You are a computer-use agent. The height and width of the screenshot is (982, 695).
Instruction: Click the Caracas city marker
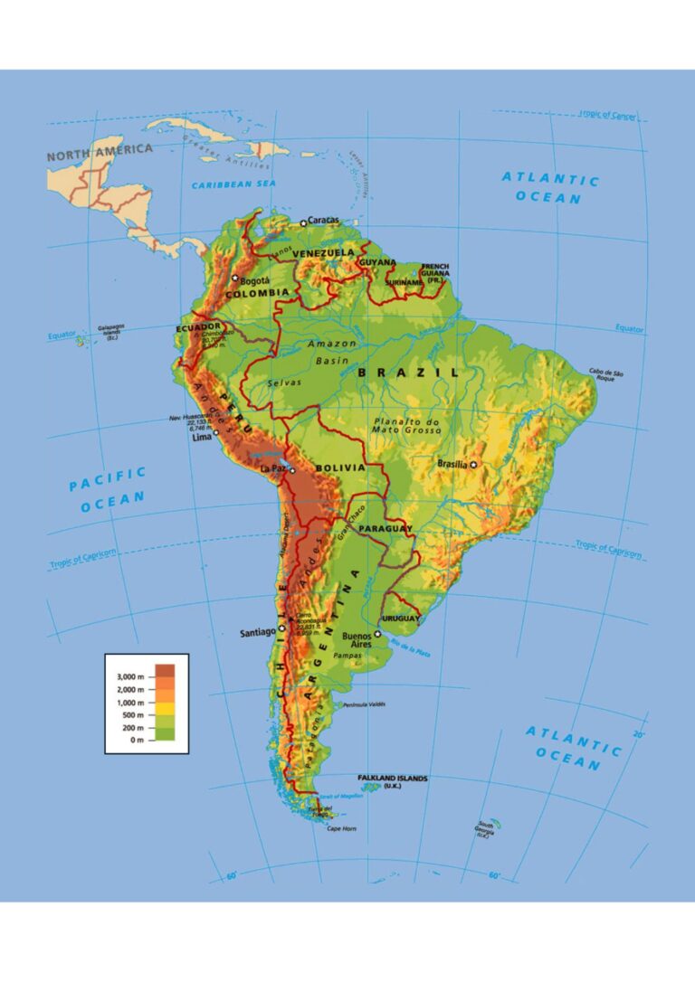coord(303,222)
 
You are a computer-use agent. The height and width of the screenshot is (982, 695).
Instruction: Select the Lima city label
coord(203,438)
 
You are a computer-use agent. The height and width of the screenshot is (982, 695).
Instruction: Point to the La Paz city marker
coord(292,470)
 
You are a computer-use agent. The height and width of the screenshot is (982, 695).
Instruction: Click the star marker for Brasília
coord(472,464)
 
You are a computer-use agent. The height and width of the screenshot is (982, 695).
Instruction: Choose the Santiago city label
coord(257,633)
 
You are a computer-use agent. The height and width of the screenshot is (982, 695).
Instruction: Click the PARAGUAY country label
coord(385,528)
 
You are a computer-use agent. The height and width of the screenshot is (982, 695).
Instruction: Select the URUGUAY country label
coord(401,618)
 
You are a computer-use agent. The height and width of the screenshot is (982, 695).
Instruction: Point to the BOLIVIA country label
coord(339,468)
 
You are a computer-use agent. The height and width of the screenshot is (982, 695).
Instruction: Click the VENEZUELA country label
coord(324,252)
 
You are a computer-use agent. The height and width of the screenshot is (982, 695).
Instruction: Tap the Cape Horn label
coord(342,829)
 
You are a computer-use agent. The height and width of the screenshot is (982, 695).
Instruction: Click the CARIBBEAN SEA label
coord(233,184)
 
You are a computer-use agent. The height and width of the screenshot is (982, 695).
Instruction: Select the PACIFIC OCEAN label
coord(107,488)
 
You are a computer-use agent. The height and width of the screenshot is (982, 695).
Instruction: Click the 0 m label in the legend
coord(137,740)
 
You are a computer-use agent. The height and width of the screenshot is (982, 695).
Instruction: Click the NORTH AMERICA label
coord(100,152)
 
